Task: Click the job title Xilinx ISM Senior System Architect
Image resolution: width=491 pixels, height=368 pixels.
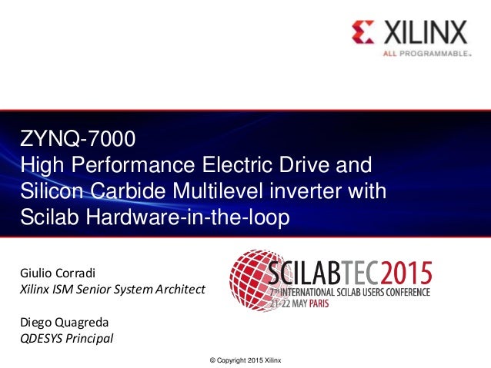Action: pyautogui.click(x=112, y=290)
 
